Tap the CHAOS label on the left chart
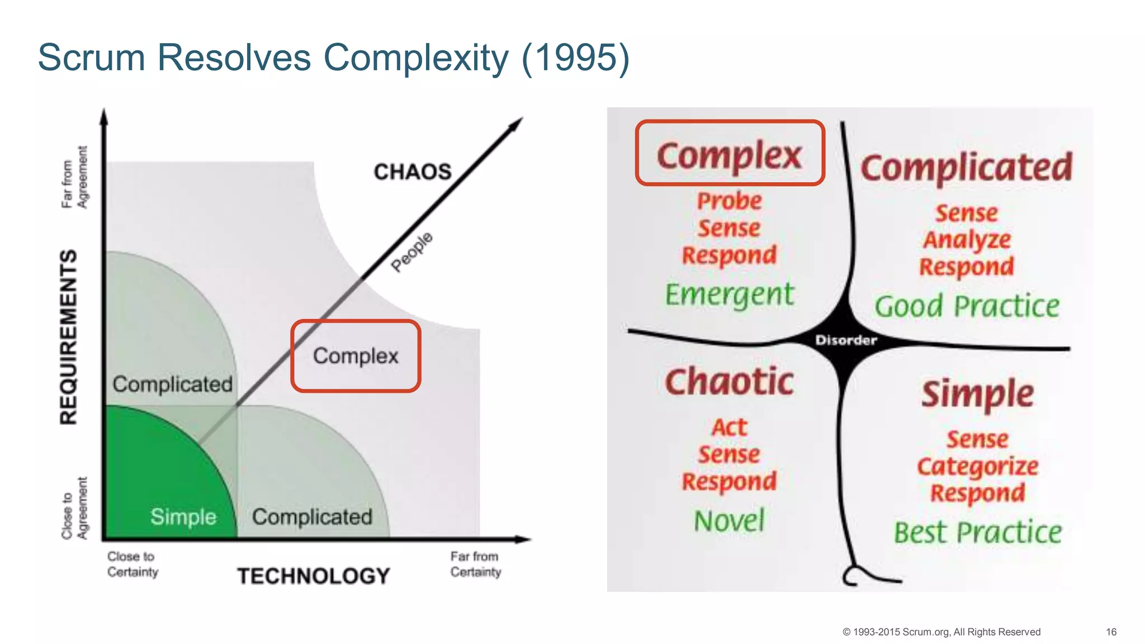[412, 172]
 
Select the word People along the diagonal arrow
[412, 252]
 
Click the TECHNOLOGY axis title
[313, 576]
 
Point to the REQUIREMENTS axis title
[69, 337]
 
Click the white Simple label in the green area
[183, 517]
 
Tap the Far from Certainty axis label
[476, 564]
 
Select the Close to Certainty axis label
[133, 564]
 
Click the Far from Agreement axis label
[74, 178]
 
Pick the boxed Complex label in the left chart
[356, 356]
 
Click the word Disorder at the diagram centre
[846, 340]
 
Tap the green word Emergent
[729, 294]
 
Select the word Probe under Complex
[729, 201]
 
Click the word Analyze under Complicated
[967, 240]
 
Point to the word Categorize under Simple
[977, 466]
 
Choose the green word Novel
[729, 520]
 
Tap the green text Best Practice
[977, 532]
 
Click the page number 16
[1111, 632]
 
